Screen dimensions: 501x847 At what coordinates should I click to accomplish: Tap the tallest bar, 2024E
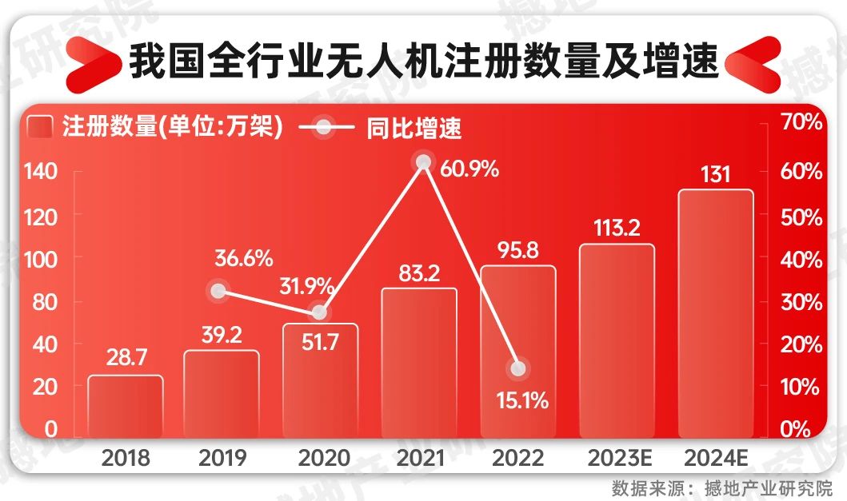tap(716, 312)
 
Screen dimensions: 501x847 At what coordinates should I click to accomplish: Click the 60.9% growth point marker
tap(424, 163)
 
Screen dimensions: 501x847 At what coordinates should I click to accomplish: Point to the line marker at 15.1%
tap(518, 368)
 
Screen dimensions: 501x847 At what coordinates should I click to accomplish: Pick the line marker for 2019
tap(218, 291)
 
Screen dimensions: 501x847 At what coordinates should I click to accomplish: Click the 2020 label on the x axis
tap(323, 458)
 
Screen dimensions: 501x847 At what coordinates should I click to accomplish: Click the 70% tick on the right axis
tap(800, 122)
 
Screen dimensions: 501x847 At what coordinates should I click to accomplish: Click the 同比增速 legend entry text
tap(415, 128)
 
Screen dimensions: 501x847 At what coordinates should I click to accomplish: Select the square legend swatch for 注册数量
tap(40, 128)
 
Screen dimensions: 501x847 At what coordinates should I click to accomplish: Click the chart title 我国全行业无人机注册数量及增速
tap(424, 62)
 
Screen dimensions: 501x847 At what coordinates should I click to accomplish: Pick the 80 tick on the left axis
tap(45, 301)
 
